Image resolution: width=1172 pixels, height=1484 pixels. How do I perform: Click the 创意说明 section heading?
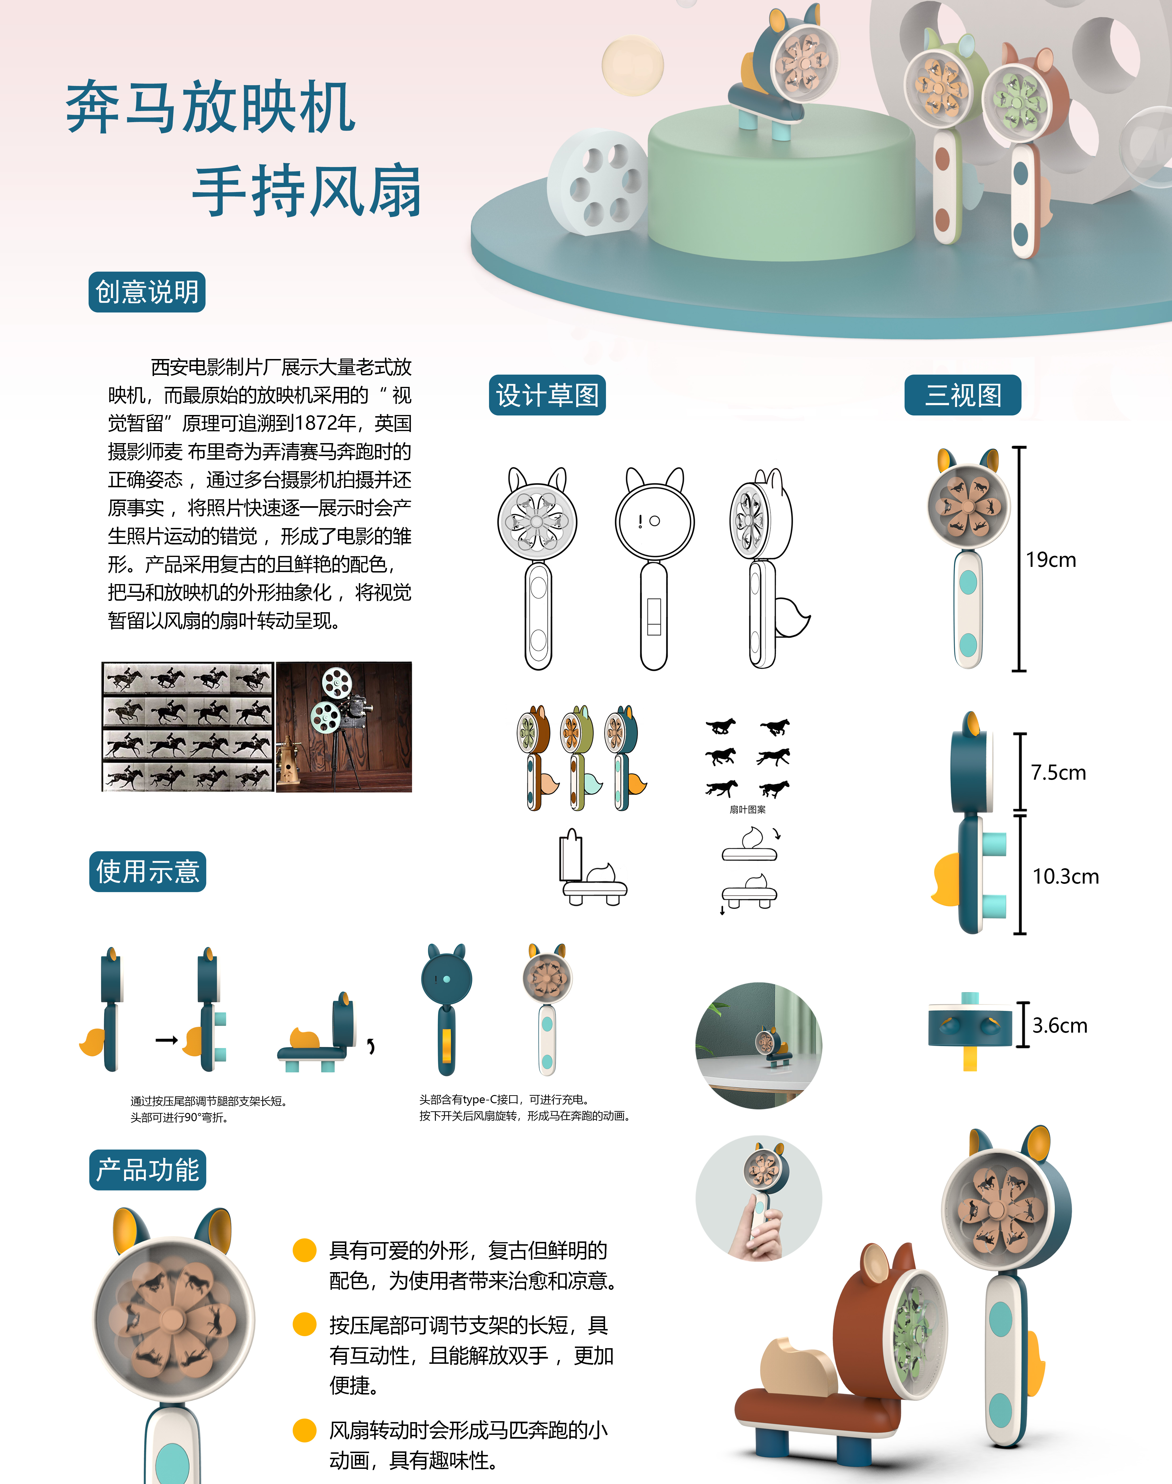[x=147, y=292]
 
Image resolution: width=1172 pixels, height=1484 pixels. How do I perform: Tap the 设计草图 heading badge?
[x=547, y=395]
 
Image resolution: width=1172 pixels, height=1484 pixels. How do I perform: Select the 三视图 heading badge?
[x=963, y=395]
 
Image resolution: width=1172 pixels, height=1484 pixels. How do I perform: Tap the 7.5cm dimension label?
[x=1058, y=773]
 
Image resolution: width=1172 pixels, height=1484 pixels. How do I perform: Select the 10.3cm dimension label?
[x=1066, y=876]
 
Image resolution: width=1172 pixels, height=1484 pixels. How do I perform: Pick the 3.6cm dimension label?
[x=1060, y=1026]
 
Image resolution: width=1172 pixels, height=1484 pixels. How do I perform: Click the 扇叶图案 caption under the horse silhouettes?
[x=747, y=810]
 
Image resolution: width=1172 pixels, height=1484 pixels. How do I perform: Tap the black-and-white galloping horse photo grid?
[x=187, y=727]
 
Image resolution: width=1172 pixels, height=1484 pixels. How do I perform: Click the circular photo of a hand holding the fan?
[x=759, y=1199]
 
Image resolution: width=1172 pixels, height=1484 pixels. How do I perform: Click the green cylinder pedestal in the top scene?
[x=781, y=182]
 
